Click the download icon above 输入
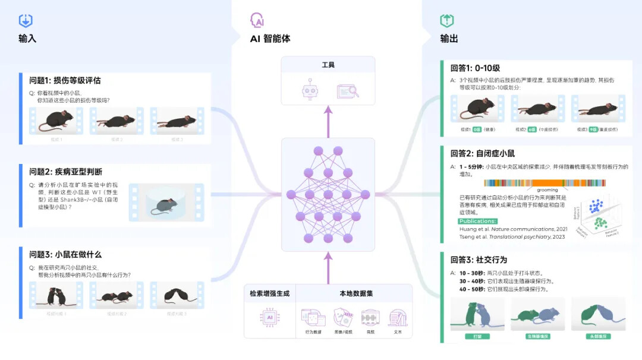click(26, 21)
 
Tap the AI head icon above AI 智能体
click(257, 20)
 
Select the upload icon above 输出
click(446, 21)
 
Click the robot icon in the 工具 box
click(310, 91)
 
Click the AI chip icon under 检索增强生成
click(269, 318)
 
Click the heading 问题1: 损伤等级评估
click(65, 80)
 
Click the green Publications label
click(478, 221)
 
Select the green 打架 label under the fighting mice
click(477, 336)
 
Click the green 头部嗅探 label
click(597, 336)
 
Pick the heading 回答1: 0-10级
click(475, 68)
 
